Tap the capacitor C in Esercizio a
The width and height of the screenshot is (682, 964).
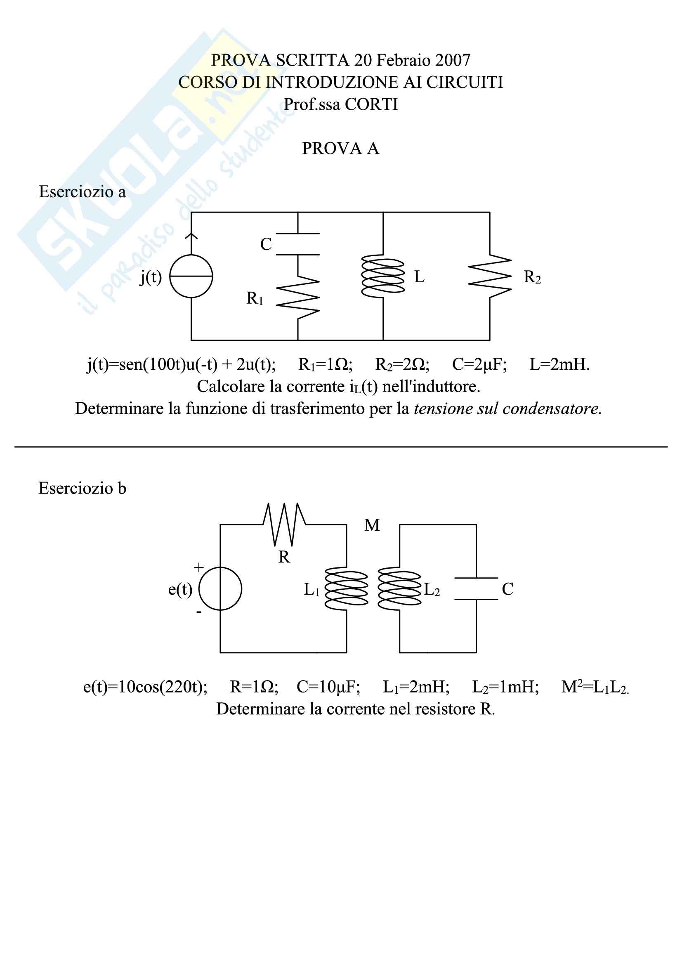(298, 244)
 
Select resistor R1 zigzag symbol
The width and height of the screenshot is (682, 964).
(298, 298)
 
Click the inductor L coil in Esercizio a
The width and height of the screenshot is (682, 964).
(383, 276)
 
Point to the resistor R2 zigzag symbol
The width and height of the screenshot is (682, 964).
(490, 276)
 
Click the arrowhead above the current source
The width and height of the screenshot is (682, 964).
(191, 236)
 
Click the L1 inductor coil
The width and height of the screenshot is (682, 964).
(347, 588)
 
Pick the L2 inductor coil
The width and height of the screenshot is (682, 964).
(399, 588)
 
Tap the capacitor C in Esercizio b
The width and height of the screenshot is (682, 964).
(476, 588)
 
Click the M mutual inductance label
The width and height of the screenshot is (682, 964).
(372, 525)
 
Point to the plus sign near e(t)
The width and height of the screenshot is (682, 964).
(198, 567)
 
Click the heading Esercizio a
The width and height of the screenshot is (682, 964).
(83, 192)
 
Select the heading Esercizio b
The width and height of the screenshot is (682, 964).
(83, 488)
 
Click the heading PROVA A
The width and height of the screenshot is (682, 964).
(340, 148)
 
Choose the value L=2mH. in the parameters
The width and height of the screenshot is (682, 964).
(560, 364)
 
